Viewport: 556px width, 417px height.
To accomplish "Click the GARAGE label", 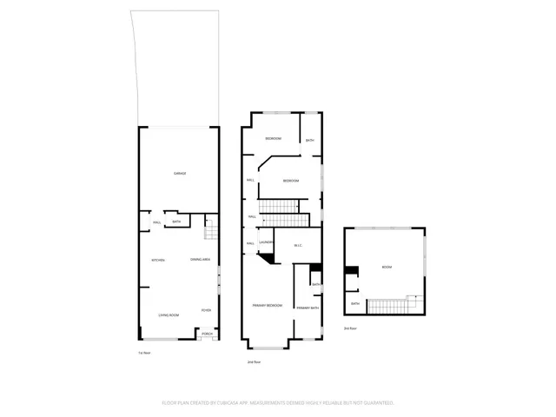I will (180, 174).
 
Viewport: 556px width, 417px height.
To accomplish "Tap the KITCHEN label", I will (159, 261).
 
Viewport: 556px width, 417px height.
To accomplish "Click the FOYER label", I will (206, 310).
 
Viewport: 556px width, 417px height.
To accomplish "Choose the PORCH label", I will (207, 334).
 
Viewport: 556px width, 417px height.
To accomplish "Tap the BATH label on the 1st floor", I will (176, 222).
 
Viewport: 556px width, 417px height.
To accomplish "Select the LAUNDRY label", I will (267, 242).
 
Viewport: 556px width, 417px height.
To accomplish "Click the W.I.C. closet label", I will (297, 245).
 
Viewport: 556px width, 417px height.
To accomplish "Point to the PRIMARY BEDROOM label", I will (268, 306).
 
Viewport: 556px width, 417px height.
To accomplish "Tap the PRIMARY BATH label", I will (308, 308).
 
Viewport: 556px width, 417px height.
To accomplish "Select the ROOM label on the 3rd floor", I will (387, 268).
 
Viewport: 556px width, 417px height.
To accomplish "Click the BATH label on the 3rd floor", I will (354, 303).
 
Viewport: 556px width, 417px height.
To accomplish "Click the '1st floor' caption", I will (144, 353).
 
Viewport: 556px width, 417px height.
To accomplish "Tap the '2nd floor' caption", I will (254, 361).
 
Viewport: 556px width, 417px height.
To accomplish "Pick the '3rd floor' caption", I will (350, 329).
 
